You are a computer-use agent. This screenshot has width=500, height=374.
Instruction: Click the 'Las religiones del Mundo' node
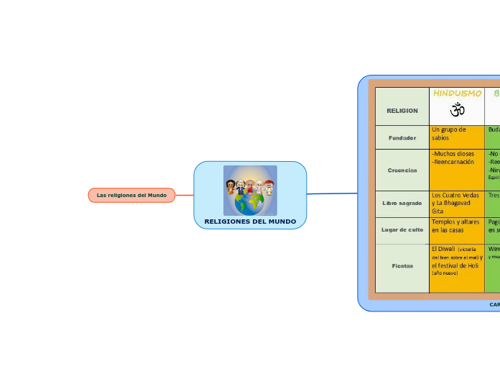131,195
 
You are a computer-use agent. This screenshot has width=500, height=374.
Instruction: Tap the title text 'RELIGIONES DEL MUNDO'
250,222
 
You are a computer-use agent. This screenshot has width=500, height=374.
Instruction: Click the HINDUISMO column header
457,93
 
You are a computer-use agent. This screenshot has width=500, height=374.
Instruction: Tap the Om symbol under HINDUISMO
457,110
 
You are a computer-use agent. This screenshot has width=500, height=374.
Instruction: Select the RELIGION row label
402,111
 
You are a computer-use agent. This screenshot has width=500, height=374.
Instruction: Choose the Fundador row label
402,137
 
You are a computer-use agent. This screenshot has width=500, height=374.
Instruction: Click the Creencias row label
402,170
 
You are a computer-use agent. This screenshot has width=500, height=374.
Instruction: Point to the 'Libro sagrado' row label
402,204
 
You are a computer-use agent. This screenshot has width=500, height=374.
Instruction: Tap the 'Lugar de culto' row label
402,229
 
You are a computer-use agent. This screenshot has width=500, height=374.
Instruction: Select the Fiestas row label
402,266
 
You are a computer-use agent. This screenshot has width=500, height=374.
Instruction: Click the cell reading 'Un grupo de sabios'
450,134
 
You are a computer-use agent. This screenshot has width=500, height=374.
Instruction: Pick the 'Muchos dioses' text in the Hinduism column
453,154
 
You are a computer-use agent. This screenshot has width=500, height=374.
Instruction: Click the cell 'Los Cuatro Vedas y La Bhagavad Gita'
455,203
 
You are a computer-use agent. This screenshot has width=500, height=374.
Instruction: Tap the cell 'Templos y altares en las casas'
455,226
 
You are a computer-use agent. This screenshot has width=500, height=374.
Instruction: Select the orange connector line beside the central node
185,195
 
